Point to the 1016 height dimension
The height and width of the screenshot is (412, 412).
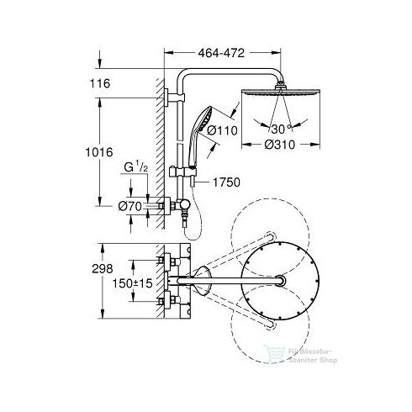point(109,154)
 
